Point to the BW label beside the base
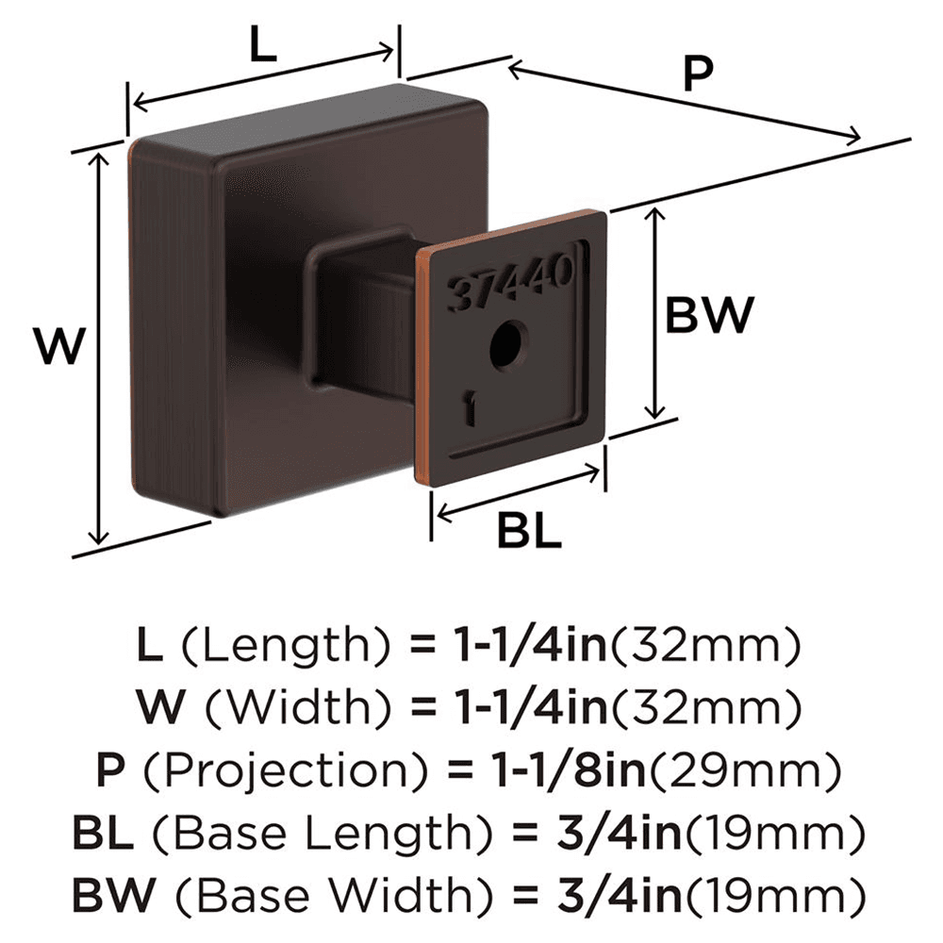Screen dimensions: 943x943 point(709,315)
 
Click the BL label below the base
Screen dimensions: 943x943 point(529,534)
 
